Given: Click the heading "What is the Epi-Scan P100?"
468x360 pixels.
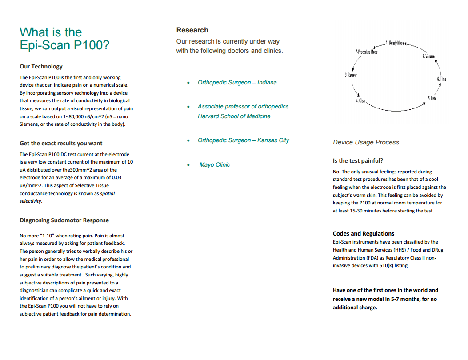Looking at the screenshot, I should click(x=64, y=39).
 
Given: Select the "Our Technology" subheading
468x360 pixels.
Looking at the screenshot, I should click(x=41, y=67).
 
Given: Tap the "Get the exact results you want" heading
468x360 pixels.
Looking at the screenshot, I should click(x=61, y=144).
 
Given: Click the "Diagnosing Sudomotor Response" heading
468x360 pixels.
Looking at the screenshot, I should click(x=64, y=220).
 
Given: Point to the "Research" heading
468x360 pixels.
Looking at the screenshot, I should click(x=192, y=30).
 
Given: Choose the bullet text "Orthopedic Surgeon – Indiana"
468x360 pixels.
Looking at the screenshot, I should click(x=237, y=83).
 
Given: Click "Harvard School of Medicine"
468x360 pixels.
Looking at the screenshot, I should click(x=234, y=116).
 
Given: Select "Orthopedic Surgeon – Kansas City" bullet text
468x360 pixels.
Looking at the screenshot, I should click(x=243, y=140).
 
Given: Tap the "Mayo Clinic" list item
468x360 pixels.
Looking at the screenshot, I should click(x=215, y=165).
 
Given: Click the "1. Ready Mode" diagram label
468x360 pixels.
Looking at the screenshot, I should click(x=395, y=43).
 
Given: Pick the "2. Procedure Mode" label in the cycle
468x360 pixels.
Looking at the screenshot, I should click(x=366, y=52).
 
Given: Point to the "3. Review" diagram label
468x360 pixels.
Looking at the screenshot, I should click(x=351, y=75).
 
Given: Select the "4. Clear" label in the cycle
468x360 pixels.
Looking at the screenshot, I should click(x=361, y=101).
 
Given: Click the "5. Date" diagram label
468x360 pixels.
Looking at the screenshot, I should click(x=432, y=98).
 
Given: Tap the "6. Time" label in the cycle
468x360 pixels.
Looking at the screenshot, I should click(x=441, y=79).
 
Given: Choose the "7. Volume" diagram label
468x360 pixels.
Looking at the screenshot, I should click(x=428, y=56).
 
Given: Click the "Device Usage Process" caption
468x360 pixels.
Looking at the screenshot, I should click(x=366, y=143).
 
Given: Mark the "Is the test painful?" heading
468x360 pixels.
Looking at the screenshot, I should click(x=358, y=161).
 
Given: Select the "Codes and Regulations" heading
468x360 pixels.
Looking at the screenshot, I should click(x=363, y=234).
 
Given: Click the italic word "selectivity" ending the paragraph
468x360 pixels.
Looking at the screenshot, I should click(x=30, y=201).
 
